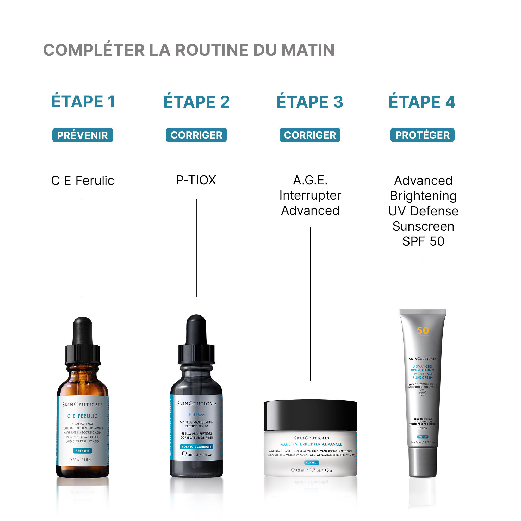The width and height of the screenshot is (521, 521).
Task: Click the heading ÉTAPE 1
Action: (x=83, y=102)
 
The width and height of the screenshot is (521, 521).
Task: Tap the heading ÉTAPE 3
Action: (x=310, y=102)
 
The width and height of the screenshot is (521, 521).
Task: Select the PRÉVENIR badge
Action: (x=83, y=135)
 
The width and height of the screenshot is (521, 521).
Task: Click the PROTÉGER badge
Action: (x=422, y=135)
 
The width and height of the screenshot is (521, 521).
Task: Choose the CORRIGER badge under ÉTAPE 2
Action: (x=196, y=135)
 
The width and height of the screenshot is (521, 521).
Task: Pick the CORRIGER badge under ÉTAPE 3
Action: (x=310, y=135)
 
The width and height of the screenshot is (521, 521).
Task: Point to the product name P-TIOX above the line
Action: (x=196, y=180)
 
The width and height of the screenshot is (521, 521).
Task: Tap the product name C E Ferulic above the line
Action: (x=83, y=181)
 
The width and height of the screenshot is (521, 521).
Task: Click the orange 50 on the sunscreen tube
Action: (x=423, y=331)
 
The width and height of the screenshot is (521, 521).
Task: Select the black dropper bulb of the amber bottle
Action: (x=83, y=330)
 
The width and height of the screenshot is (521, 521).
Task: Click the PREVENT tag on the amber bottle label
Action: (x=83, y=451)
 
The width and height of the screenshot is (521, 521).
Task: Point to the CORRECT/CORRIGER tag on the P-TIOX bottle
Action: (x=197, y=447)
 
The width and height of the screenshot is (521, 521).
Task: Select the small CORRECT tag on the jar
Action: (x=312, y=463)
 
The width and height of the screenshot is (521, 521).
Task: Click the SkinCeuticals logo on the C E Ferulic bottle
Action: (x=83, y=405)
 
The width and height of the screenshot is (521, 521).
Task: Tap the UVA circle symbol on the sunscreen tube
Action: (x=423, y=393)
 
